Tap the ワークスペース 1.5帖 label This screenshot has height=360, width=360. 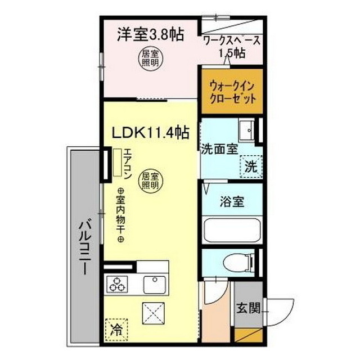(232, 47)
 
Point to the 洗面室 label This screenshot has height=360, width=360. (219, 150)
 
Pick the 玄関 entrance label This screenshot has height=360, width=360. (247, 308)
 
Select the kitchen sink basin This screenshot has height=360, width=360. (153, 284)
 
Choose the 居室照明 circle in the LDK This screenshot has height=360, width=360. (149, 180)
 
